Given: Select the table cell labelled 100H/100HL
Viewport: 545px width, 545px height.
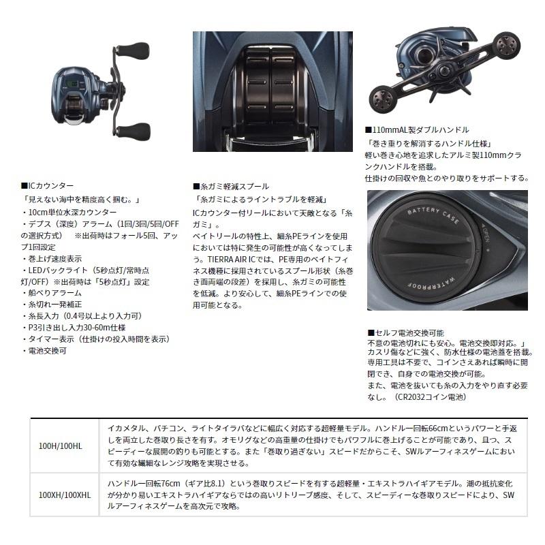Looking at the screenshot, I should pyautogui.click(x=61, y=445).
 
